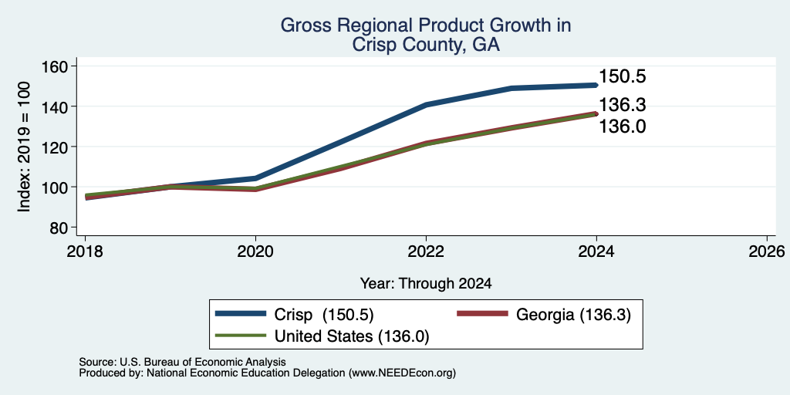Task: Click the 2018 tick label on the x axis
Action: pyautogui.click(x=85, y=251)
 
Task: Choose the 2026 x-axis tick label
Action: pyautogui.click(x=767, y=251)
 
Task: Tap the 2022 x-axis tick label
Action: pyautogui.click(x=426, y=251)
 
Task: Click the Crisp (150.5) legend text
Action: pyautogui.click(x=324, y=315)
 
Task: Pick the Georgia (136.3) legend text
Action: pyautogui.click(x=573, y=315)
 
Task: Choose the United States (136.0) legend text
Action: pyautogui.click(x=352, y=336)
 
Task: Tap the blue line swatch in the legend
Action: pyautogui.click(x=241, y=314)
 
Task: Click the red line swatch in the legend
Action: pyautogui.click(x=481, y=314)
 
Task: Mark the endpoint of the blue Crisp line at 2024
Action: pyautogui.click(x=596, y=85)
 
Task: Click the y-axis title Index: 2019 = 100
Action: pyautogui.click(x=24, y=147)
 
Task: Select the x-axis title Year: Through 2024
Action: pyautogui.click(x=426, y=284)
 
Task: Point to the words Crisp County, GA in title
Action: pyautogui.click(x=426, y=45)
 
